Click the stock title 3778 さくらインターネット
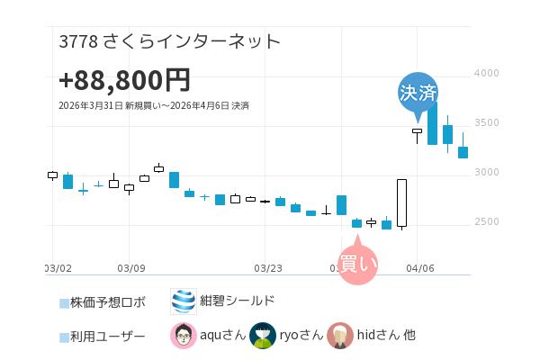[x=169, y=41]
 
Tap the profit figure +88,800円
[x=124, y=80]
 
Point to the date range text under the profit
[x=153, y=105]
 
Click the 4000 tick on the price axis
[x=486, y=73]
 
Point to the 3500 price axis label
[x=486, y=122]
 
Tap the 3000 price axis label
[x=486, y=172]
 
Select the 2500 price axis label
[x=486, y=221]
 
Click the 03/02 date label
[x=58, y=267]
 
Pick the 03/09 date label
[x=131, y=267]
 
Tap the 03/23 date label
[x=268, y=267]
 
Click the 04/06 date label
[x=420, y=267]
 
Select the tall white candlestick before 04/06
[x=401, y=203]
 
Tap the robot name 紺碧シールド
[x=238, y=301]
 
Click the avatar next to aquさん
[x=184, y=336]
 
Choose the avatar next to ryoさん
[x=262, y=336]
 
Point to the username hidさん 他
[x=386, y=336]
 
